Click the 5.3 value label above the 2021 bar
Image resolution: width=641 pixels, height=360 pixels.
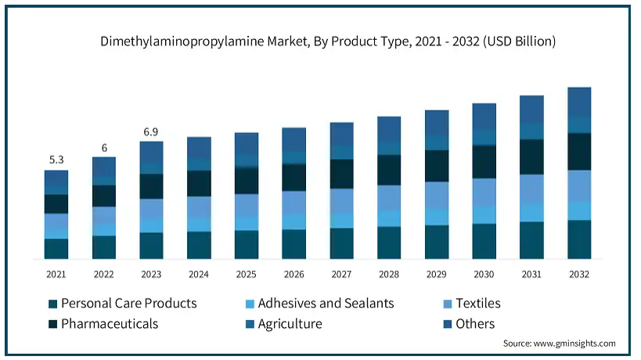coord(56,160)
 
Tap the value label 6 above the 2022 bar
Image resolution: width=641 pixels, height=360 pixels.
coord(104,148)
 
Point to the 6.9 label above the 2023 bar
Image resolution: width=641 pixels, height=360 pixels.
coord(151,132)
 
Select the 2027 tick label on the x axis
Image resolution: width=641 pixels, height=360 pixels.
coord(341,274)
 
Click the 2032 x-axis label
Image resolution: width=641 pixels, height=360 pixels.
coord(579,274)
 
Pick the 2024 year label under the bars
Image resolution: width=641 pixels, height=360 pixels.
coord(199,274)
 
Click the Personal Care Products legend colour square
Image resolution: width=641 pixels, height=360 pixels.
coord(52,304)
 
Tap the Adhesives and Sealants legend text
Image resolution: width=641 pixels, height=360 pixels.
coord(326,303)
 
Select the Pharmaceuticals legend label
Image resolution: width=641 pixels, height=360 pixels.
coord(110,324)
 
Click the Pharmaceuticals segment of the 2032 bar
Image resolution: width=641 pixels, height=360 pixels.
coord(579,152)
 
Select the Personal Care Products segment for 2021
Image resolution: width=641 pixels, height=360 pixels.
coord(56,249)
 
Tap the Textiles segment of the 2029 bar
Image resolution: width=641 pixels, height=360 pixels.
coord(437,196)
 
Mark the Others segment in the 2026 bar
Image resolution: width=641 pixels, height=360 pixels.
coord(294,140)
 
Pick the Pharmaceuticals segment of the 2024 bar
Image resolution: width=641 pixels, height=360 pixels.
coord(199,183)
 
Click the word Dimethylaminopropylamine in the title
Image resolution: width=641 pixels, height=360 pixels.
coord(182,41)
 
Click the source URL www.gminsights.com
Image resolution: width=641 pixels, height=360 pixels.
coord(574,344)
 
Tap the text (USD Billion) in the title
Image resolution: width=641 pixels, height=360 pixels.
coord(519,41)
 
